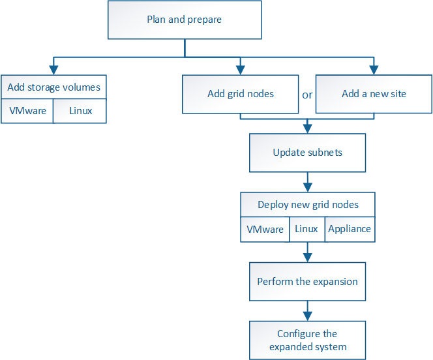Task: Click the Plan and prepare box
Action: tap(185, 20)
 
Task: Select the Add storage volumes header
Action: tap(53, 87)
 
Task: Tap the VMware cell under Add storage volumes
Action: tap(27, 111)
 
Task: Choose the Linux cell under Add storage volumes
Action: tap(80, 111)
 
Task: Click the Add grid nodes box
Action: tap(241, 94)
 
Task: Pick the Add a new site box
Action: tap(374, 94)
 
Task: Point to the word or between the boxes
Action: tap(307, 95)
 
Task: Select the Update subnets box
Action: tap(307, 153)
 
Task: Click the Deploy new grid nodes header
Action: tap(308, 205)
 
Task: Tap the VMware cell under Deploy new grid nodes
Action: tap(265, 229)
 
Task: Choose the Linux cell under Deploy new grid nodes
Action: tap(306, 229)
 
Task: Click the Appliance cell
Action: tap(350, 229)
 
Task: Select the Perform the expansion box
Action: tap(307, 282)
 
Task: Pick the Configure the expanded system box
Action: tap(307, 340)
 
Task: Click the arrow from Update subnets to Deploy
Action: tap(307, 182)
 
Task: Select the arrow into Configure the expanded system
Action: tap(307, 311)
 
